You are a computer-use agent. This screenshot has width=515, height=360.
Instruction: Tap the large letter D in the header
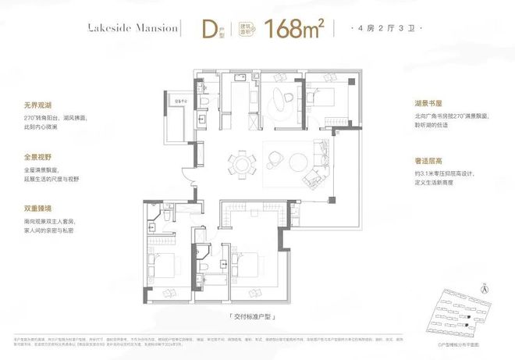point(208,29)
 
